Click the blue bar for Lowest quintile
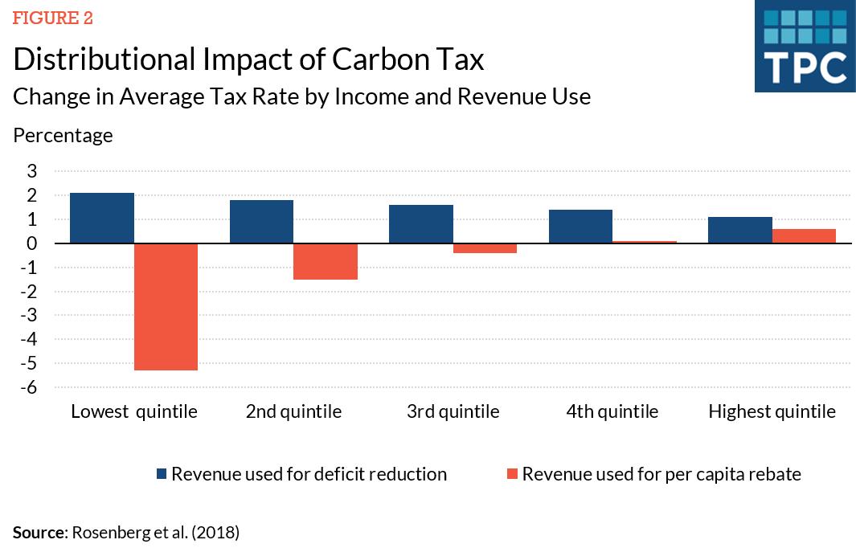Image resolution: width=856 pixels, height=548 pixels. (102, 218)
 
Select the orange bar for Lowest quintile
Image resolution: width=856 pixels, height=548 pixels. (166, 306)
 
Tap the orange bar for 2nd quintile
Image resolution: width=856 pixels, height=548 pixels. (326, 261)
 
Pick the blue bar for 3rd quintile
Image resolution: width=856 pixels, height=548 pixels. (421, 224)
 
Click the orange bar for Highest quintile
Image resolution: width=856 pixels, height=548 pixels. (804, 236)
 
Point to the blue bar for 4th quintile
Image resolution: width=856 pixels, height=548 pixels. (581, 227)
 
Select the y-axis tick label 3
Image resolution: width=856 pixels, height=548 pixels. (32, 171)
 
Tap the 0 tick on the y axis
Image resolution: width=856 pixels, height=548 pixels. (32, 243)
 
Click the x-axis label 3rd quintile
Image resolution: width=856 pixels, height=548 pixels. (453, 412)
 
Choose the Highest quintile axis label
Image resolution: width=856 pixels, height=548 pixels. (772, 412)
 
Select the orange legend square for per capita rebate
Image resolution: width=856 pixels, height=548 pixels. (511, 474)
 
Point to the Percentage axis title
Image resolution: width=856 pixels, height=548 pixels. (63, 135)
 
